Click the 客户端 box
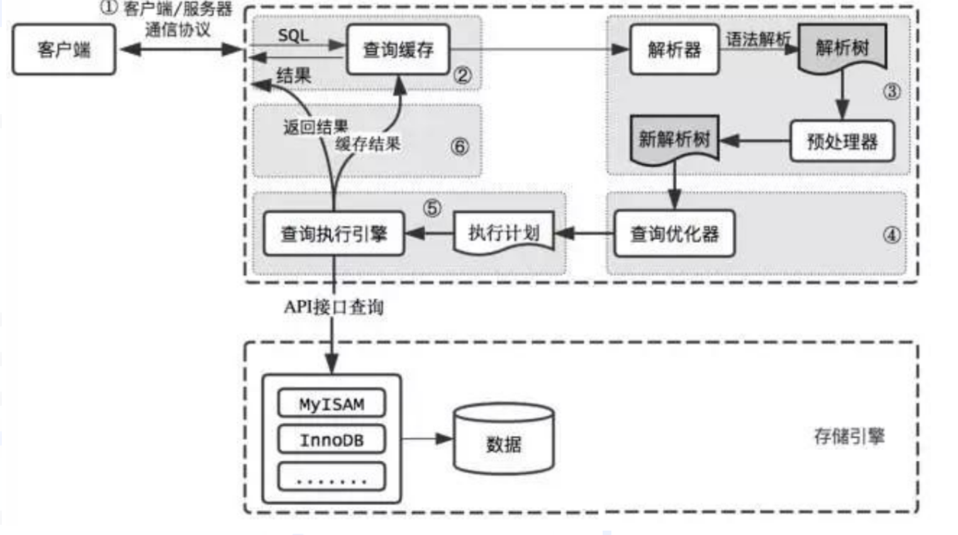coord(64,50)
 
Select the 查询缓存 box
coord(398,50)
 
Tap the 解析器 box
coord(674,50)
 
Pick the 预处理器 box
coord(842,141)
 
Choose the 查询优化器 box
coord(674,234)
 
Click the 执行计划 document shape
coord(504,234)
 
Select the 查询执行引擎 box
coord(333,234)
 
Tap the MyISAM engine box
coord(331,403)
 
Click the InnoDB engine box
coord(331,439)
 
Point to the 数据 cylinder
coord(504,439)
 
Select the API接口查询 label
coord(333,307)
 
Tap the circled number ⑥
coord(460,147)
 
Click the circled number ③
coord(892,91)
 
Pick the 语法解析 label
coord(758,40)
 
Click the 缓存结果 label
coord(368,144)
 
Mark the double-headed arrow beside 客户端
coord(181,49)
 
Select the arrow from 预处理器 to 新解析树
coord(755,140)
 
